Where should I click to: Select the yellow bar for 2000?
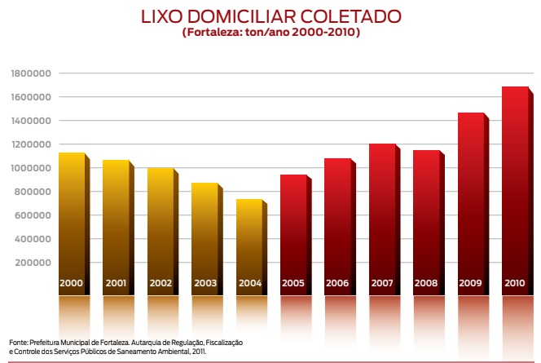pos(71,212)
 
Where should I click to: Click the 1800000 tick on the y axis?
pos(33,73)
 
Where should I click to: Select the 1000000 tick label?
pos(33,168)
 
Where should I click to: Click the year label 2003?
pos(205,284)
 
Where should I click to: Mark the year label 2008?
pos(426,284)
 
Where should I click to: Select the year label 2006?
pos(337,284)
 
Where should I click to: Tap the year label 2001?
pos(116,284)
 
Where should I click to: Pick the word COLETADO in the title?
pos(355,17)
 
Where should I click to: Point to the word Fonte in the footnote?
pos(18,341)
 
